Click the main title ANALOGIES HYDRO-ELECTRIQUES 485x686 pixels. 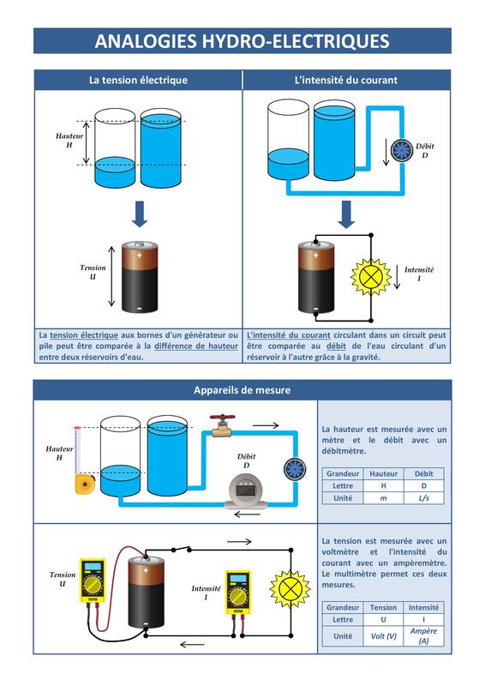pyautogui.click(x=242, y=41)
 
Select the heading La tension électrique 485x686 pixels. pyautogui.click(x=138, y=80)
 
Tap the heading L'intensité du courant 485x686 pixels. pyautogui.click(x=346, y=80)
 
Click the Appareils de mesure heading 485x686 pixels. pyautogui.click(x=242, y=390)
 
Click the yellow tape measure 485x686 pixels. pyautogui.click(x=85, y=484)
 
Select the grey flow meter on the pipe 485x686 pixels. pyautogui.click(x=245, y=492)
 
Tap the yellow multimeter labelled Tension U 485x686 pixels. pyautogui.click(x=93, y=581)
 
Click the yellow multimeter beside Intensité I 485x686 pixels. pyautogui.click(x=238, y=592)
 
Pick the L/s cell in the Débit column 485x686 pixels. pyautogui.click(x=424, y=498)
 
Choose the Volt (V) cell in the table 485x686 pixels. pyautogui.click(x=384, y=636)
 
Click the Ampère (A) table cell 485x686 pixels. pyautogui.click(x=423, y=635)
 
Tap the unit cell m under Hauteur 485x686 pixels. pyautogui.click(x=384, y=498)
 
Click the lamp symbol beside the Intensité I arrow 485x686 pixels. pyautogui.click(x=371, y=276)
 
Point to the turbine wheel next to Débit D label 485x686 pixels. pyautogui.click(x=402, y=151)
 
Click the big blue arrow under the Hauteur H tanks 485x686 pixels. pyautogui.click(x=140, y=214)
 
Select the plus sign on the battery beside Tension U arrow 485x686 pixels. pyautogui.click(x=139, y=255)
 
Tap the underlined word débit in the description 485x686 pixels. pyautogui.click(x=336, y=346)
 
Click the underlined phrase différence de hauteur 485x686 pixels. pyautogui.click(x=196, y=346)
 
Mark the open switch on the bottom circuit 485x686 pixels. pyautogui.click(x=182, y=549)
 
